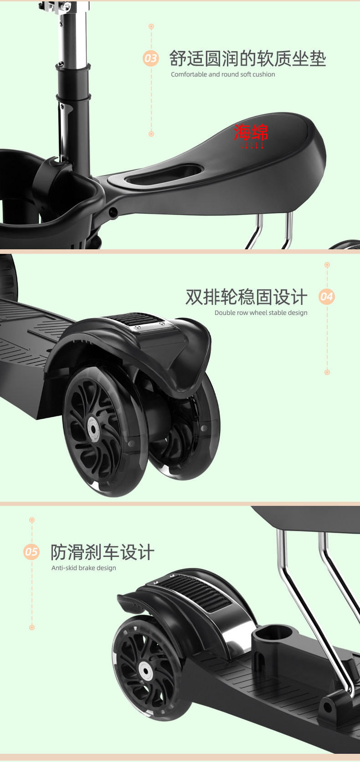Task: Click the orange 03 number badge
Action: (x=150, y=58)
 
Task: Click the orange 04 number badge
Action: (x=327, y=297)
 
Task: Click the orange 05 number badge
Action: (x=31, y=552)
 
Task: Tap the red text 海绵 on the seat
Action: (x=251, y=133)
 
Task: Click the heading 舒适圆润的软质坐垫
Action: (x=247, y=59)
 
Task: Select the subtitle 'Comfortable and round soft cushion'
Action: (x=223, y=74)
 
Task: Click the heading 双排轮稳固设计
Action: (x=246, y=297)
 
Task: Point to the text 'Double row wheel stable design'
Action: (x=261, y=313)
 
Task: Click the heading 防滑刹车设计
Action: (x=103, y=552)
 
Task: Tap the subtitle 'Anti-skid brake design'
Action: (x=84, y=568)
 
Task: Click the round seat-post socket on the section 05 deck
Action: (x=273, y=633)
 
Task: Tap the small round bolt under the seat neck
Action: (x=113, y=211)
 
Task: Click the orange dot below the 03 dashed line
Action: (x=151, y=134)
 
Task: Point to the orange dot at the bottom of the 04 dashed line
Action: (x=327, y=372)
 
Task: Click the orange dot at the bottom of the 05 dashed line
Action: (x=32, y=628)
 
